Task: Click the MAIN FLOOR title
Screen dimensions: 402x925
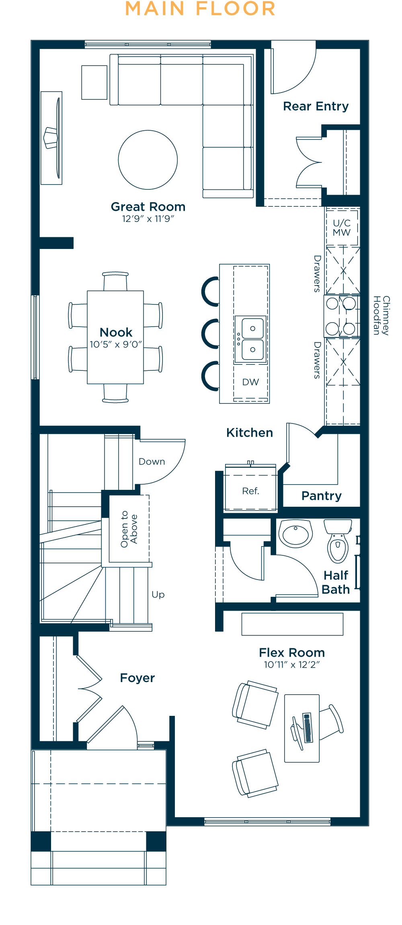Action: pyautogui.click(x=200, y=8)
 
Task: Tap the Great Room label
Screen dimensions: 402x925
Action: pyautogui.click(x=148, y=207)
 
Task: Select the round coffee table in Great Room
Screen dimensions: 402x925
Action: pyautogui.click(x=148, y=160)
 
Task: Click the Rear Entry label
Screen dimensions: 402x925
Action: pyautogui.click(x=316, y=106)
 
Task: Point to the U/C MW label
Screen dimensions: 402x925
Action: pyautogui.click(x=342, y=228)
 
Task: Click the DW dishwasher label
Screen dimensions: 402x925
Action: pyautogui.click(x=250, y=382)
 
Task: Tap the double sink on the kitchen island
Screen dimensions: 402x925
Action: pyautogui.click(x=251, y=339)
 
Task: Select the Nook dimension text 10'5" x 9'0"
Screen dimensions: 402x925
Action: pyautogui.click(x=116, y=344)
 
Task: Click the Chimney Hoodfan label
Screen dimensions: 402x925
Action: pyautogui.click(x=381, y=316)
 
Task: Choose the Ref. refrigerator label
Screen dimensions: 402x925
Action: pyautogui.click(x=250, y=491)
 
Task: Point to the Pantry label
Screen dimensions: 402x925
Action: pyautogui.click(x=322, y=496)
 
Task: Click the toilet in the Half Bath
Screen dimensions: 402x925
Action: pyautogui.click(x=338, y=541)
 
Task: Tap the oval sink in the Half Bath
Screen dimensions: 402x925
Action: pyautogui.click(x=296, y=534)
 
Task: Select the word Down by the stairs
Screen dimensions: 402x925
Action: pyautogui.click(x=152, y=462)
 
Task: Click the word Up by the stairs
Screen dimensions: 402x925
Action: pyautogui.click(x=158, y=595)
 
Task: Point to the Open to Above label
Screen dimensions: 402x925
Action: pyautogui.click(x=129, y=529)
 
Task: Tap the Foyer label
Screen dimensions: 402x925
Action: pyautogui.click(x=137, y=678)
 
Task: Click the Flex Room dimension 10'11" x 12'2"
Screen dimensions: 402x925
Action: pyautogui.click(x=292, y=664)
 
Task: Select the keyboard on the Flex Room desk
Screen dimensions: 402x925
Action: pyautogui.click(x=308, y=728)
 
